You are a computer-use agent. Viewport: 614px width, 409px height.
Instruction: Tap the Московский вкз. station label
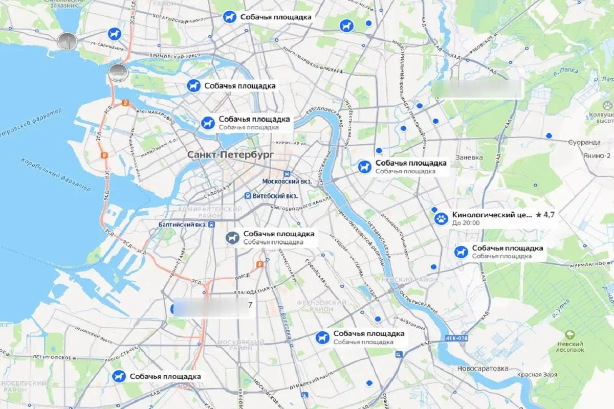click(x=287, y=181)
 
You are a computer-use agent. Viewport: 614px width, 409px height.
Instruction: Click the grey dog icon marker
click(x=233, y=238)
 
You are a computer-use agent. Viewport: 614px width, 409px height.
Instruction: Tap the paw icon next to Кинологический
click(x=441, y=219)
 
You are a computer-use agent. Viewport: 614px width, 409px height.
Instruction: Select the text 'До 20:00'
click(x=466, y=223)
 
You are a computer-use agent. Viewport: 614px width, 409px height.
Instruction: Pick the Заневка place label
click(x=469, y=157)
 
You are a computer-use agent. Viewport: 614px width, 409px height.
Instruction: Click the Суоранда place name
click(x=584, y=142)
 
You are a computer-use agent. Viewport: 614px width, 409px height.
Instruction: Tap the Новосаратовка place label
click(x=483, y=369)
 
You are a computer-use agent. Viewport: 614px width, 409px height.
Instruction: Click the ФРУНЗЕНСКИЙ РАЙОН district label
click(x=321, y=306)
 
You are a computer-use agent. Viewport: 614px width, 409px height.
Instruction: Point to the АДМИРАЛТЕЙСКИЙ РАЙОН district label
click(x=209, y=213)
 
